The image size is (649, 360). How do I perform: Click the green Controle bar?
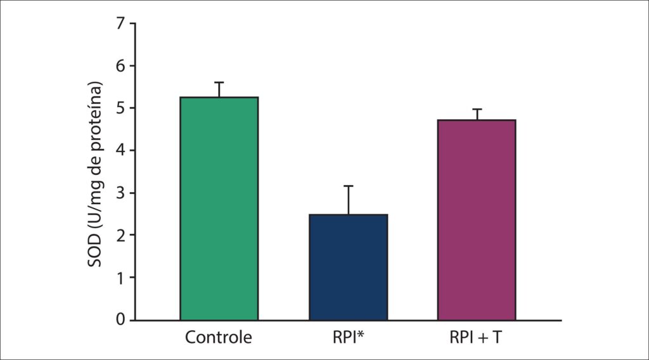click(x=219, y=209)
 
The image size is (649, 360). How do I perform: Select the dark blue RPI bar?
click(x=348, y=267)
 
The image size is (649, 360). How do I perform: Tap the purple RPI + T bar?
click(x=477, y=220)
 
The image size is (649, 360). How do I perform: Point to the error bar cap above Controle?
click(x=219, y=82)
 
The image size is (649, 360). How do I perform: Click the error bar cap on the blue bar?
click(x=348, y=186)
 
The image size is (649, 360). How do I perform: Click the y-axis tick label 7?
click(x=120, y=23)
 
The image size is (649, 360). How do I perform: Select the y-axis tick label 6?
click(x=120, y=66)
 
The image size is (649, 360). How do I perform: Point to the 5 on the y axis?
click(x=120, y=108)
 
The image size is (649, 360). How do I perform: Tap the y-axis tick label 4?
click(x=120, y=151)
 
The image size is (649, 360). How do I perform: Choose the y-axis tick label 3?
click(x=120, y=193)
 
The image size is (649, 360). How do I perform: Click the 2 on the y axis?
click(x=120, y=235)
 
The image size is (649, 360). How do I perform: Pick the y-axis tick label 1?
click(x=120, y=278)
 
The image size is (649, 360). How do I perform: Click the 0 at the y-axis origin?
click(x=120, y=320)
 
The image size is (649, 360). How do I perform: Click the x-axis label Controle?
click(x=219, y=337)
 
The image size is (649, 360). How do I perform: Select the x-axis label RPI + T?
click(x=475, y=337)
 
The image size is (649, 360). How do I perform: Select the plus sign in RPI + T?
click(x=482, y=338)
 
